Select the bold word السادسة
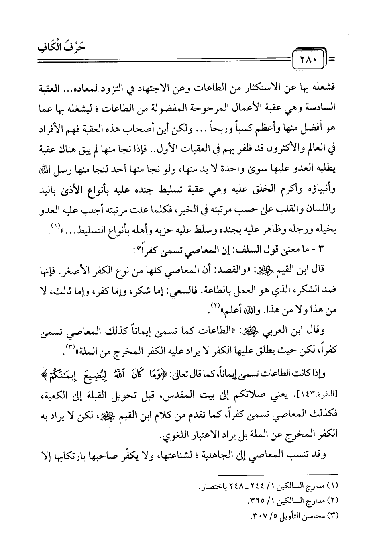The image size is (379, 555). (x=327, y=106)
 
